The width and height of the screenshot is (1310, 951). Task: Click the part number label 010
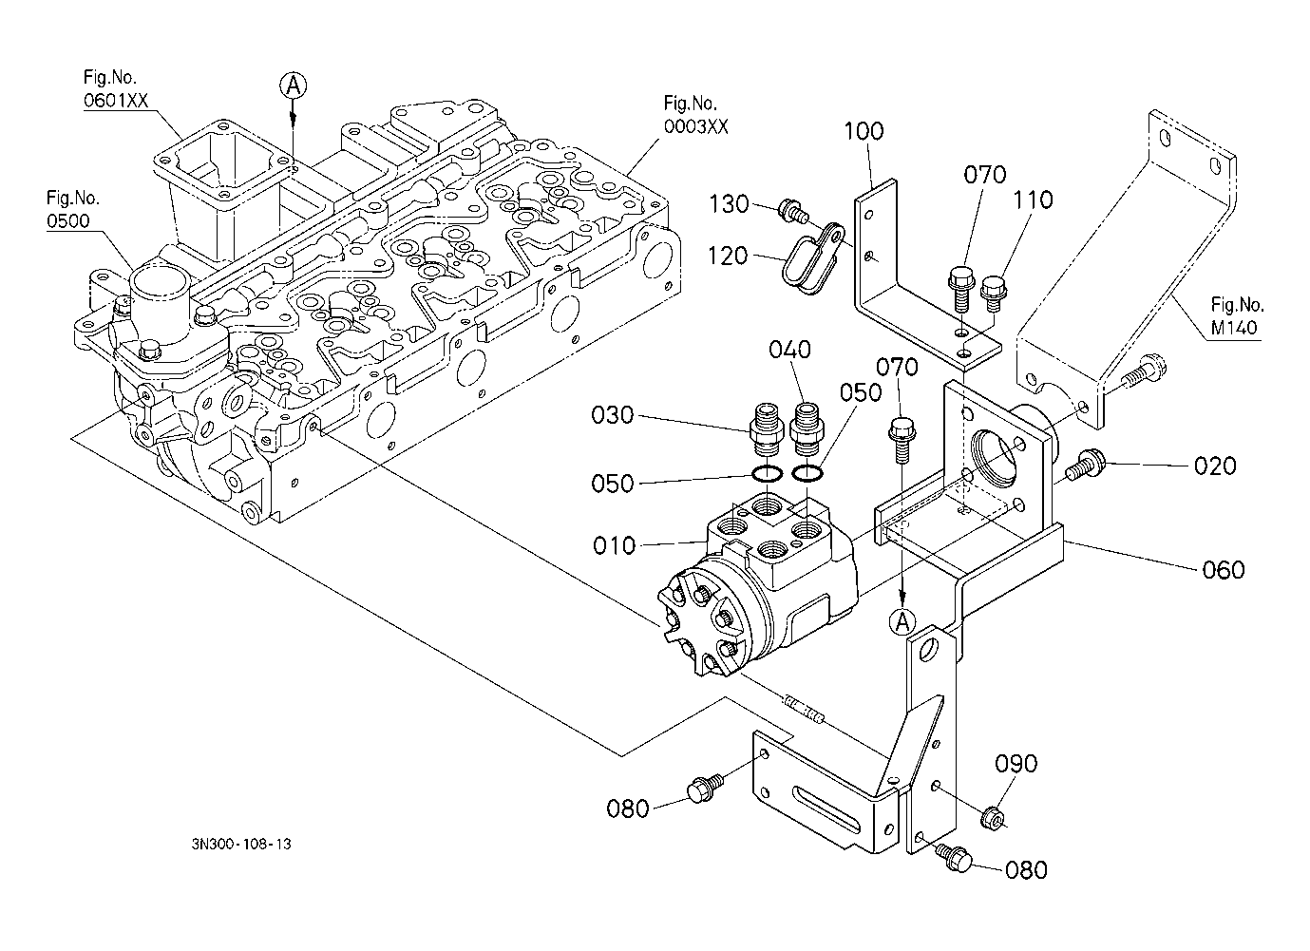pos(613,546)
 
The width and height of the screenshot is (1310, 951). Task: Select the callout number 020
pos(1215,466)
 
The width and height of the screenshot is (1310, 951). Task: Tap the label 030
pos(613,416)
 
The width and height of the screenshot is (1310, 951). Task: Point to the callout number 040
pos(790,351)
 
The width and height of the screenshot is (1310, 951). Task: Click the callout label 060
pos(1223,570)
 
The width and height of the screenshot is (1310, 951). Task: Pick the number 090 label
pos(1016,765)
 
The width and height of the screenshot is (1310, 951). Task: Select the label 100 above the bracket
pos(864,131)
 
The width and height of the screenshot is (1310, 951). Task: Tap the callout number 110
pos(1033,200)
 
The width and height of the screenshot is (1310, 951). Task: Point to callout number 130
pos(729,204)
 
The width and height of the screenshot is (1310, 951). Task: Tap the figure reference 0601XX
pos(115,102)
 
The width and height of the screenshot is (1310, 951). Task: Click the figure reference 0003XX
pos(695,127)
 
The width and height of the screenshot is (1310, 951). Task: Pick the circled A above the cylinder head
pos(294,86)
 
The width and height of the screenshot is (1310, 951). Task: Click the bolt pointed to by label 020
pos(1083,466)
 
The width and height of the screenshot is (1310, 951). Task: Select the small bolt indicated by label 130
pos(788,208)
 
